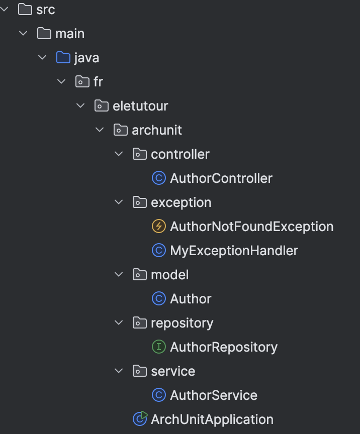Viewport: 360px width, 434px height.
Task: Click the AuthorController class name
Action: pyautogui.click(x=221, y=178)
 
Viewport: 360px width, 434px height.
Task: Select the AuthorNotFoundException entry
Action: pyautogui.click(x=251, y=227)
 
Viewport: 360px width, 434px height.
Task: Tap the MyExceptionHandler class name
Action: pyautogui.click(x=234, y=251)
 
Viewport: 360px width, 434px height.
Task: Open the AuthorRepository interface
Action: pyautogui.click(x=224, y=347)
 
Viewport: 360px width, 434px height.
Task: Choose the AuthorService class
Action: pyautogui.click(x=214, y=395)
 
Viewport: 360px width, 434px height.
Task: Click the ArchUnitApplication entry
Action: pyautogui.click(x=212, y=419)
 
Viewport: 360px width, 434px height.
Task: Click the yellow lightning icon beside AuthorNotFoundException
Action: pyautogui.click(x=158, y=227)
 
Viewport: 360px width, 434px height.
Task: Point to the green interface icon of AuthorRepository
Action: pyautogui.click(x=158, y=347)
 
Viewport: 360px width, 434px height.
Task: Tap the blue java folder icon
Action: pyautogui.click(x=63, y=58)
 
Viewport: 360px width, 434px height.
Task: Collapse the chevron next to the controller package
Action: pyautogui.click(x=119, y=154)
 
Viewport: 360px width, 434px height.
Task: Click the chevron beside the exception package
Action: pyautogui.click(x=119, y=202)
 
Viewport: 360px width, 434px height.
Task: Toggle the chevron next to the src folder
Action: pyautogui.click(x=5, y=10)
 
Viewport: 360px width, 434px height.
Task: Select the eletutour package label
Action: pyautogui.click(x=140, y=106)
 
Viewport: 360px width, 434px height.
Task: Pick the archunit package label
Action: pyautogui.click(x=157, y=130)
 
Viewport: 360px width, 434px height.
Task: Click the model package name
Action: pyautogui.click(x=169, y=275)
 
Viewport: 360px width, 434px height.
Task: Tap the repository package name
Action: pyautogui.click(x=182, y=323)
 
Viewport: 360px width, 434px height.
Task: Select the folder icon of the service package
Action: pyautogui.click(x=139, y=371)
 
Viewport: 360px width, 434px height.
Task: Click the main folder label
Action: pyautogui.click(x=70, y=34)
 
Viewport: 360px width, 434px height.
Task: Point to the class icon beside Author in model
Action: pyautogui.click(x=158, y=299)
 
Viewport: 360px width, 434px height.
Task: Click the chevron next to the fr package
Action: pyautogui.click(x=62, y=82)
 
